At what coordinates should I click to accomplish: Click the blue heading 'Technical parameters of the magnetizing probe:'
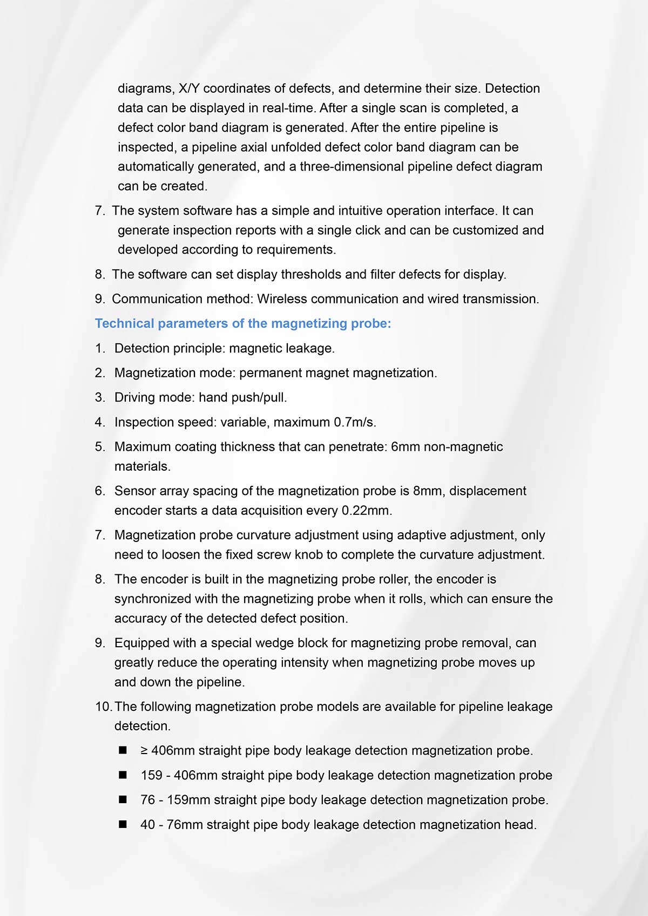coord(242,323)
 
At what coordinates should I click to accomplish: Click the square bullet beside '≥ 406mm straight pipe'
coord(123,750)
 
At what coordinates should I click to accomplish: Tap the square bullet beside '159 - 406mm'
coord(123,775)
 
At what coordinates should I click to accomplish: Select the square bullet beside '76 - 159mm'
coord(123,799)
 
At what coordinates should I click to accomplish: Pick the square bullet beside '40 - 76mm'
coord(123,824)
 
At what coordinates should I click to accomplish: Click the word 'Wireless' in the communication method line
coord(282,299)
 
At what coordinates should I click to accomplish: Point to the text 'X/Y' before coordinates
coord(189,89)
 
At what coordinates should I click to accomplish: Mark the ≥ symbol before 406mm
coord(144,751)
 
